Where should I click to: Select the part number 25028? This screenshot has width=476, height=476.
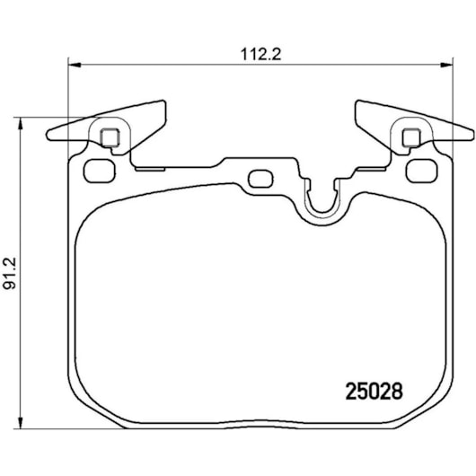[x=374, y=392]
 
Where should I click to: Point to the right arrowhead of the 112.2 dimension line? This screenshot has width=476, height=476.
[x=448, y=64]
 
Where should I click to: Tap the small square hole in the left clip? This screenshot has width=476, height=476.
[x=110, y=137]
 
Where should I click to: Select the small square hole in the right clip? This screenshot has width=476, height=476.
[x=412, y=137]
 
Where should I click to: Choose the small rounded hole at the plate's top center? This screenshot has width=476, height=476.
[x=260, y=177]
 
